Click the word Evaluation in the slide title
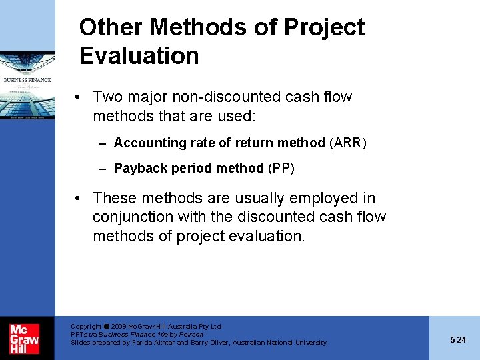tap(139, 55)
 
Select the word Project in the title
tap(324, 27)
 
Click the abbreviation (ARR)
tap(347, 143)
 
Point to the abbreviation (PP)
tap(281, 168)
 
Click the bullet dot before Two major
tap(79, 97)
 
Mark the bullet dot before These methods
tap(79, 199)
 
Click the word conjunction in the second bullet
tap(133, 217)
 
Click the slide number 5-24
tap(457, 339)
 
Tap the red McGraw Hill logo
tap(24, 338)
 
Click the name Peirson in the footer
tap(190, 334)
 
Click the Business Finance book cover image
tap(27, 85)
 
